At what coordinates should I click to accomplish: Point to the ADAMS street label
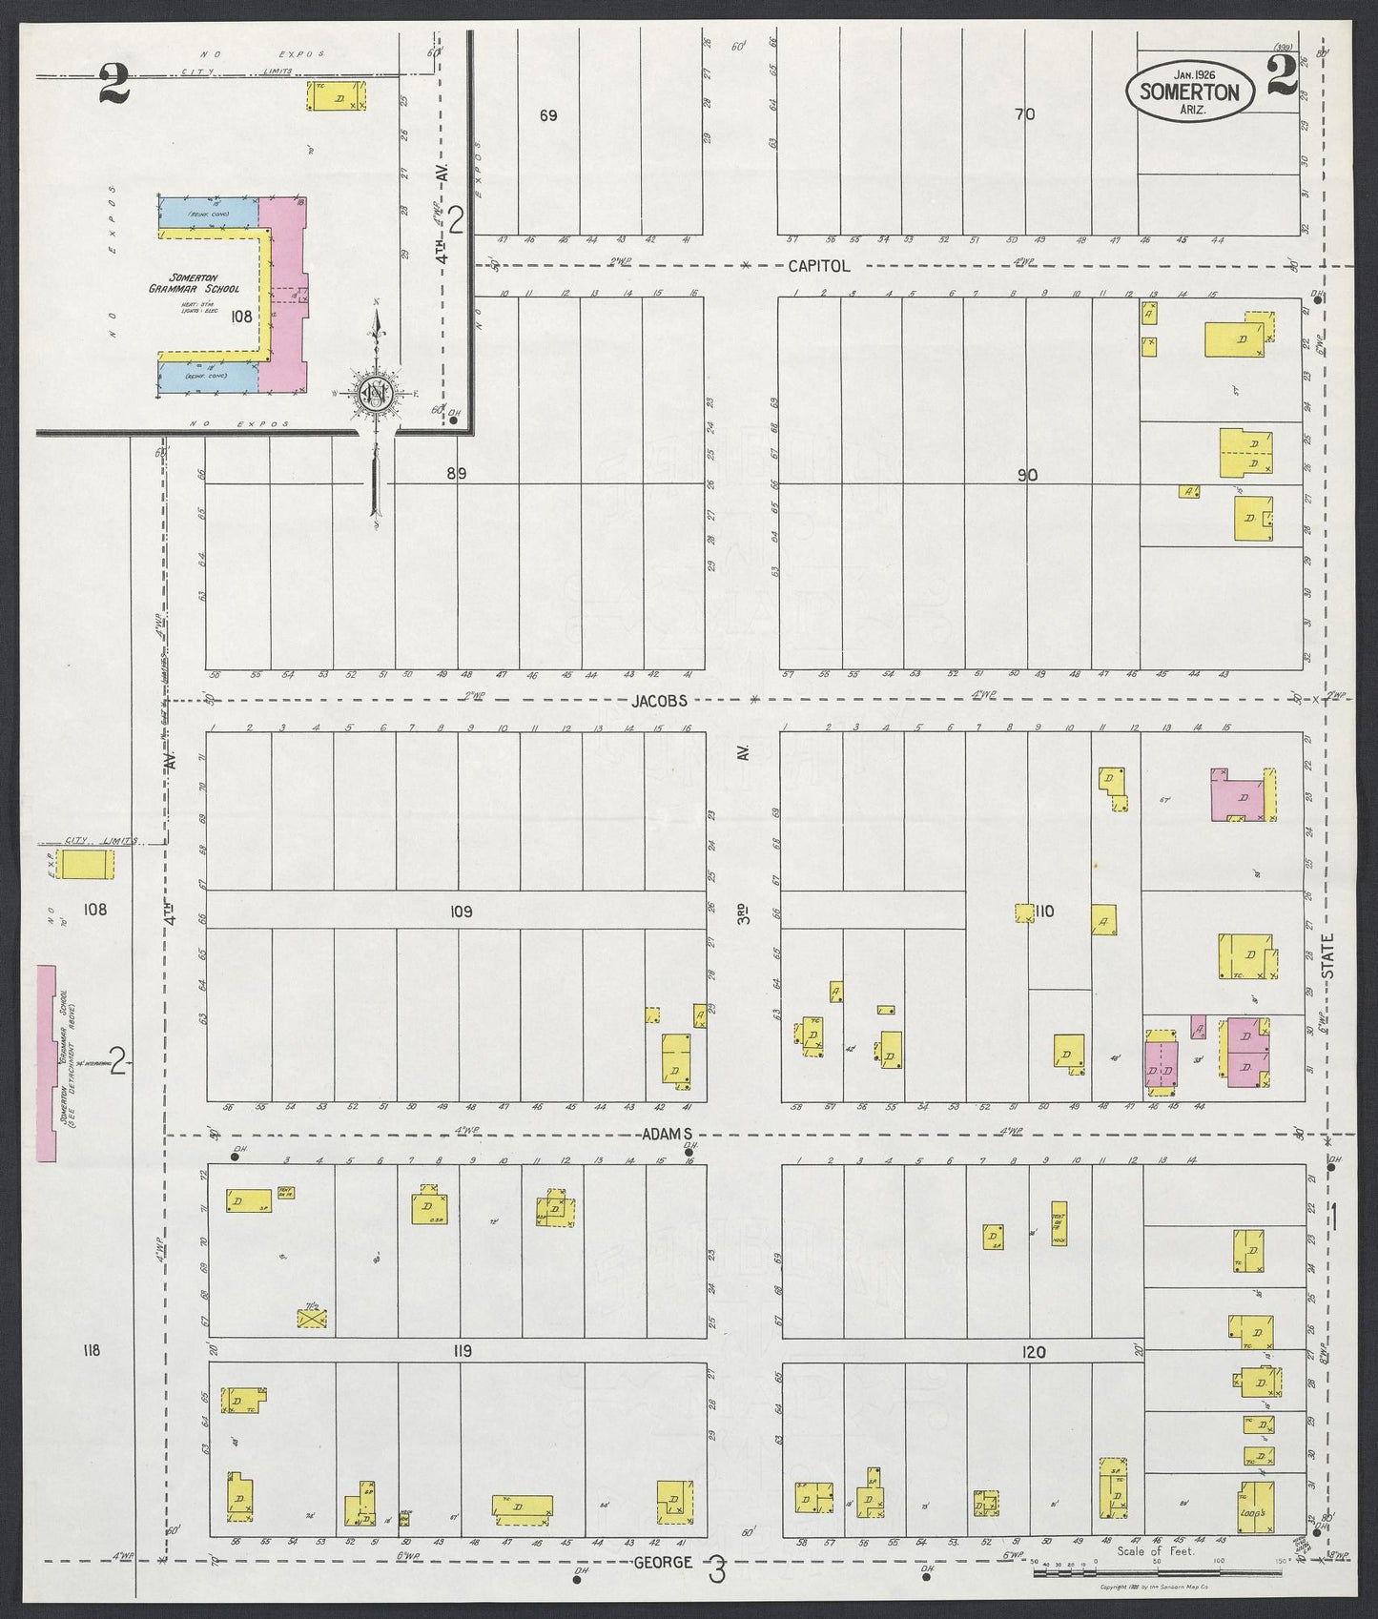(667, 1135)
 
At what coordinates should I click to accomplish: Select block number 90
(1026, 474)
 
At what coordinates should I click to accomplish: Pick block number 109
(461, 912)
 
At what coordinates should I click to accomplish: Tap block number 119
(463, 1351)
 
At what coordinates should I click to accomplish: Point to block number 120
(1034, 1352)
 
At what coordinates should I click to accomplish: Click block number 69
(547, 115)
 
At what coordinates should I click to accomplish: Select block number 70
(1024, 114)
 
